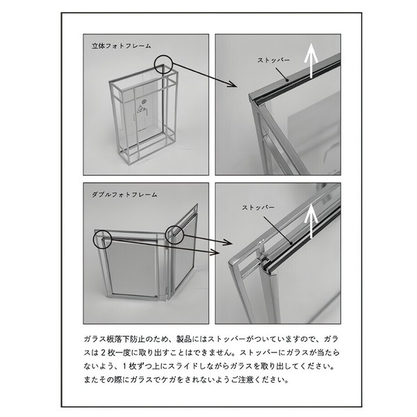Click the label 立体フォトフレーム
pos(121,46)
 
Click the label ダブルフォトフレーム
pos(124,195)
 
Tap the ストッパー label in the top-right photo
pos(273,60)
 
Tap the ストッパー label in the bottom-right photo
pos(258,207)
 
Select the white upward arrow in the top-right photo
pos(311,65)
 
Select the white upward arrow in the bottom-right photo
pos(311,221)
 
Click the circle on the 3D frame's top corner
pos(163,65)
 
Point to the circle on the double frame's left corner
pos(102,239)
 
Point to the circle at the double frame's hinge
pos(174,235)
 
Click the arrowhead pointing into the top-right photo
pos(232,84)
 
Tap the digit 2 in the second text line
pos(104,353)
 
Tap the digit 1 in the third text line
pos(124,366)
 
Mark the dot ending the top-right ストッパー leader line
pos(287,79)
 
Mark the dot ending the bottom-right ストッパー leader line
pos(291,243)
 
